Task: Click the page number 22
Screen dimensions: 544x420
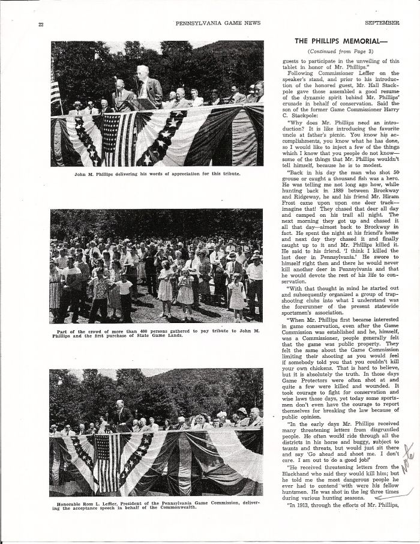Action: [41, 24]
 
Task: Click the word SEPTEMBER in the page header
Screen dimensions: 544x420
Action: [382, 22]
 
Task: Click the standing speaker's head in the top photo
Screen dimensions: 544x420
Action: [142, 72]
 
